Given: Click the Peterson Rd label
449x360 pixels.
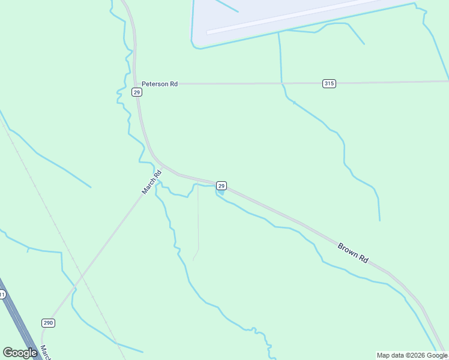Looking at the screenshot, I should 158,84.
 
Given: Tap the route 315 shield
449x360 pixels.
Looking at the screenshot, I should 329,83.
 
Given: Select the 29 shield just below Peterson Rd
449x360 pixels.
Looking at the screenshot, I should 137,92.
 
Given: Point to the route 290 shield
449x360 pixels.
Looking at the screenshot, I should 48,323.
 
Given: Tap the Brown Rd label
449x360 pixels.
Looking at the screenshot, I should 352,253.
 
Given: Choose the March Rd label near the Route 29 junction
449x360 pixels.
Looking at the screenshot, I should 152,182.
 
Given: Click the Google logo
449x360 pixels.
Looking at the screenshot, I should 20,353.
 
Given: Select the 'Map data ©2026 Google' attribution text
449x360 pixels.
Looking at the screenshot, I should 412,355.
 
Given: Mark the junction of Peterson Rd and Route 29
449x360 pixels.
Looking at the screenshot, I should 136,84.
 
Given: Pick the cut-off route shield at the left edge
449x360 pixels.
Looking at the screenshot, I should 2,295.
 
